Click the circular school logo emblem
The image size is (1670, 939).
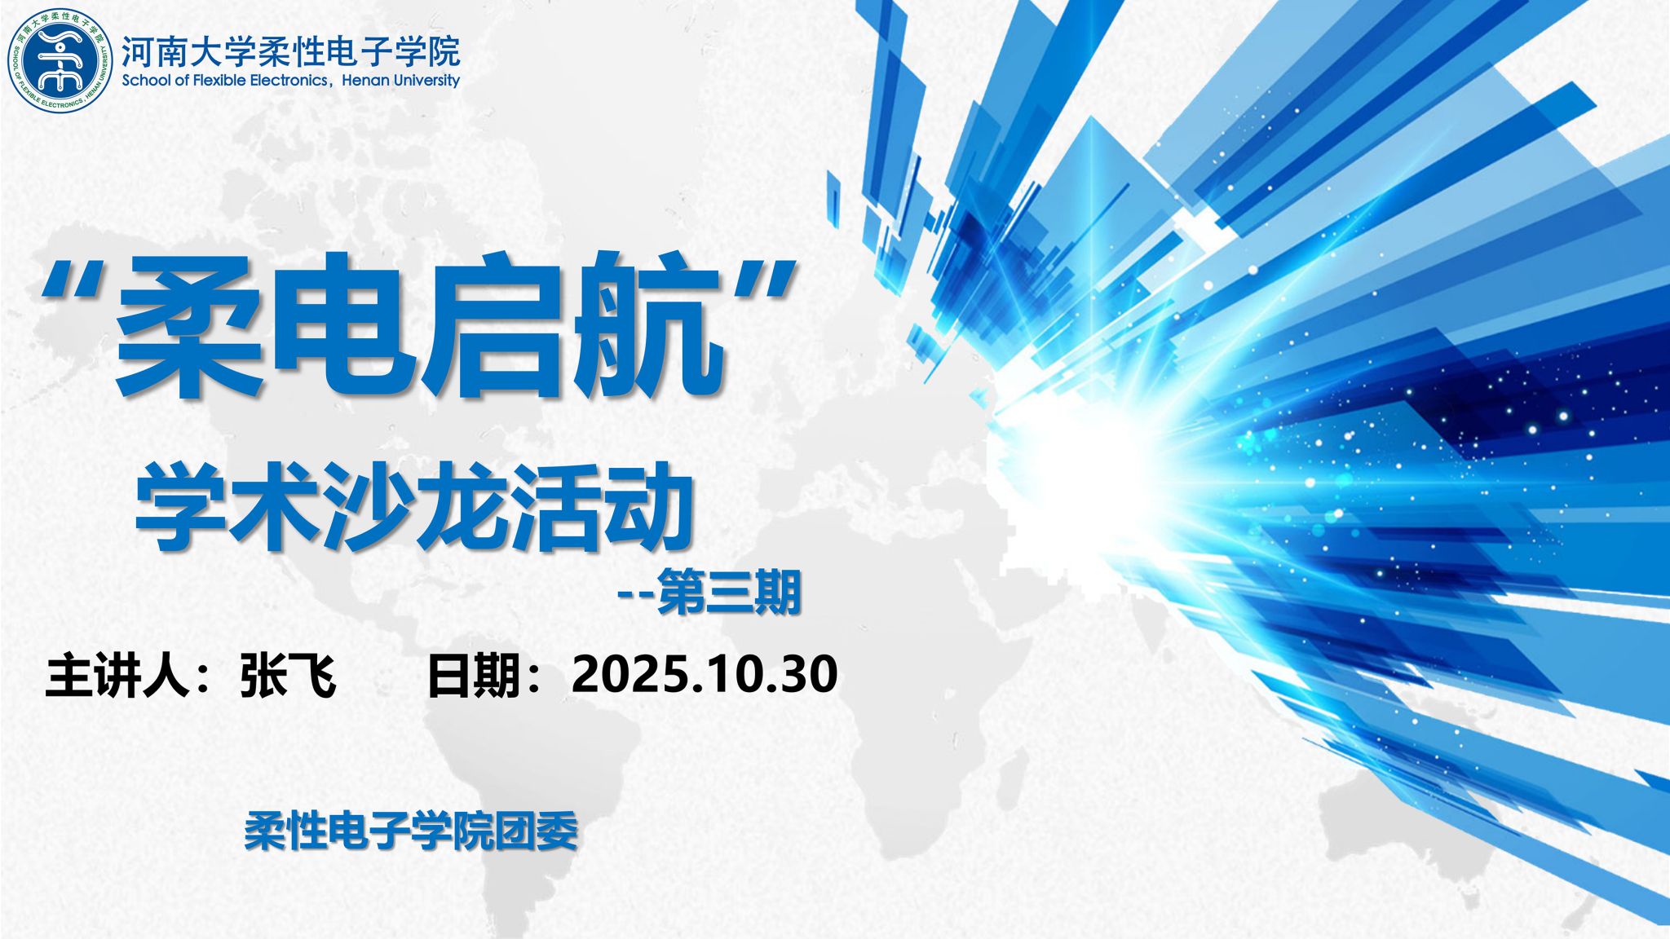point(60,60)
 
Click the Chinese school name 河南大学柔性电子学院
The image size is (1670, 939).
point(290,51)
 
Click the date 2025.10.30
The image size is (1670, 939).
point(705,674)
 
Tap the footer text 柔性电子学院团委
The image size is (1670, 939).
point(411,831)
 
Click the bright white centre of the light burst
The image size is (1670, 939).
point(1060,456)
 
